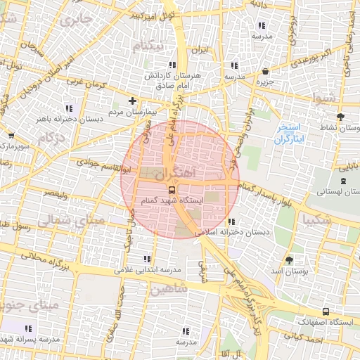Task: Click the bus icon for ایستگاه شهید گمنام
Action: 172,190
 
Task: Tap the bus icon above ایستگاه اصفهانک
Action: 325,311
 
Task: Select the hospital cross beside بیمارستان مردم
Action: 133,101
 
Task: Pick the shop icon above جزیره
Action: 265,72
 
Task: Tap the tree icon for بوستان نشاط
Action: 341,117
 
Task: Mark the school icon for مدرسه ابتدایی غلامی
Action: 146,259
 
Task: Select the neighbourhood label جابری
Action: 76,22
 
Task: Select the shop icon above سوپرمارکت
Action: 11,136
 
